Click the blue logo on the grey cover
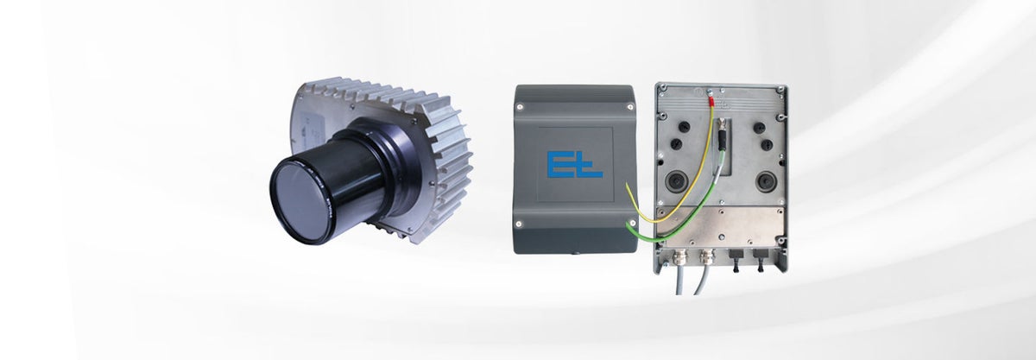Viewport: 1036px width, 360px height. (574, 164)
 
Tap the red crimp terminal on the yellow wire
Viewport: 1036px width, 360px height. (711, 99)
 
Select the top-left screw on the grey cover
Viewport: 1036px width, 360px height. (520, 107)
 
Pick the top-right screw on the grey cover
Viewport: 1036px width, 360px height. (629, 107)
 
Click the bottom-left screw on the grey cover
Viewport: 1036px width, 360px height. (520, 224)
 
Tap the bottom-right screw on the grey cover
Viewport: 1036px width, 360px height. (632, 224)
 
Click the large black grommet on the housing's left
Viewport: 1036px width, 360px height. (677, 181)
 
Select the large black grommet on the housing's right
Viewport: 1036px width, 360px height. (767, 181)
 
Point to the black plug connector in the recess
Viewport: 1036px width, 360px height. (722, 135)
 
